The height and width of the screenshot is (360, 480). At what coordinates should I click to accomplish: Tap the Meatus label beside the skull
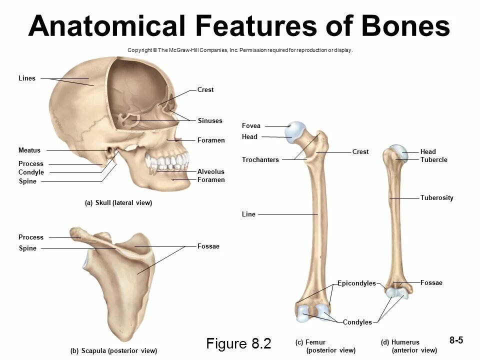29,150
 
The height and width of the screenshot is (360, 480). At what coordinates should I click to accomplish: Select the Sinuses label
210,121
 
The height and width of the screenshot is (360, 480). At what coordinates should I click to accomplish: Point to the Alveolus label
210,172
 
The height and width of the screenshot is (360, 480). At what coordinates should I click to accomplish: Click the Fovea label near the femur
251,126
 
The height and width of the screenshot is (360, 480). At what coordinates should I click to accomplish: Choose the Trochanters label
260,160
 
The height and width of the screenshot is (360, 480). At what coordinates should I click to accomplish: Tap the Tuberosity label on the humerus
436,198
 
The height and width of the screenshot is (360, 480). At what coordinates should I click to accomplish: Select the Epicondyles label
356,283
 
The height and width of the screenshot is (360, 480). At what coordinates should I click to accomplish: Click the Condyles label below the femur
357,322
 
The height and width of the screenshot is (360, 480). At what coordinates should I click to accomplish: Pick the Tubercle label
433,160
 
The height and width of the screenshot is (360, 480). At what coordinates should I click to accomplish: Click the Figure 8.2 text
238,344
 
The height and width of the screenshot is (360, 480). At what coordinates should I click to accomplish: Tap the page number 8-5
456,340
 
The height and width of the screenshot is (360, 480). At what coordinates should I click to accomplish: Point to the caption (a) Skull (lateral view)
118,203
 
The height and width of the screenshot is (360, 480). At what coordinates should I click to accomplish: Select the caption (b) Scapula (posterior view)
113,351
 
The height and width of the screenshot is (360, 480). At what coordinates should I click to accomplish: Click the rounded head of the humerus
399,151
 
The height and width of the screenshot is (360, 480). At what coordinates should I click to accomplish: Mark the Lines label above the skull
27,78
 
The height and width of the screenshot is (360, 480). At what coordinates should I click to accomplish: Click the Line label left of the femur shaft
248,214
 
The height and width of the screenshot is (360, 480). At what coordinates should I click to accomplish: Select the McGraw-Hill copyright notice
240,50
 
